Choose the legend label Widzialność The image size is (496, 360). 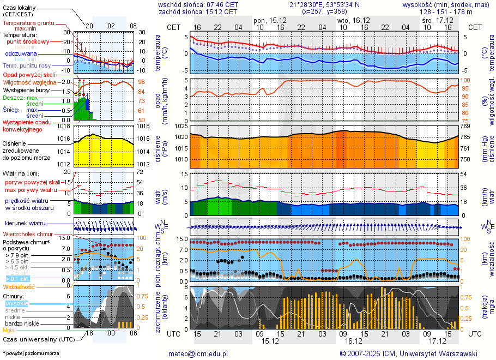pos(19,286)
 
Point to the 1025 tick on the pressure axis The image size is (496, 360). pos(181,126)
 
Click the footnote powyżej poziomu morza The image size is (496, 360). pos(32,353)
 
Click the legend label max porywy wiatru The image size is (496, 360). pos(31,190)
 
